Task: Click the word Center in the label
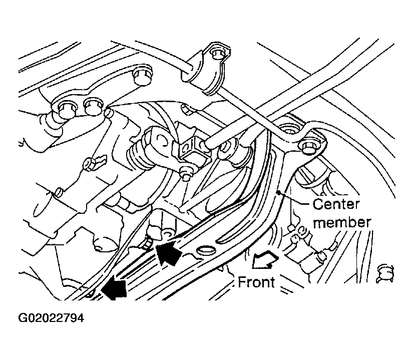point(336,204)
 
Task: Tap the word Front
point(256,282)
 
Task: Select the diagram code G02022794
point(51,318)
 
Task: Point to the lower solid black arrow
point(114,287)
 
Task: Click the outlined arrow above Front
point(264,260)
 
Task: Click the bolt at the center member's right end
point(307,147)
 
